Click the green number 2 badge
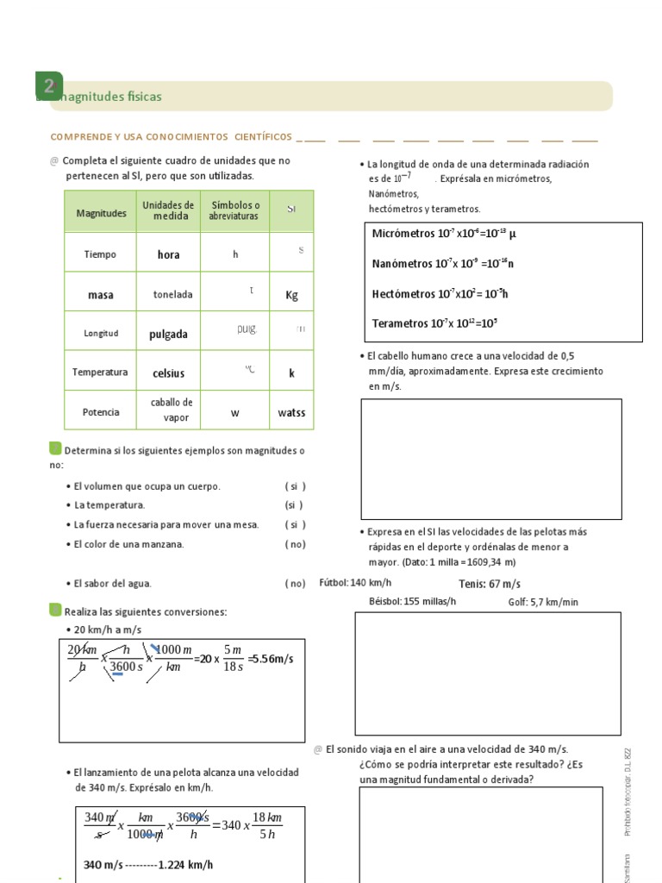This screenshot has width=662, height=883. [49, 85]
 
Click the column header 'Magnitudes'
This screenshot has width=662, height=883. [101, 213]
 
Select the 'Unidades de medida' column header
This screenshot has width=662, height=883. [168, 210]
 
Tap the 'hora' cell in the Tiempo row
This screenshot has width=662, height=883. [168, 254]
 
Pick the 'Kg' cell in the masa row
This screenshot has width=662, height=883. [291, 295]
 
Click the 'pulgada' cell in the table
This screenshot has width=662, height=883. [168, 335]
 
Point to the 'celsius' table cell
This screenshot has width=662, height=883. [168, 373]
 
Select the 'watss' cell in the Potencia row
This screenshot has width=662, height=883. [291, 413]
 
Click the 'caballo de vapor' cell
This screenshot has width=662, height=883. [172, 410]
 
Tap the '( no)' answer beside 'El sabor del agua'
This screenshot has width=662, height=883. [295, 583]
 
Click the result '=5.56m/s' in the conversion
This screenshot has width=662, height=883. [270, 659]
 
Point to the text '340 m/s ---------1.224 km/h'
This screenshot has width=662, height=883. [148, 865]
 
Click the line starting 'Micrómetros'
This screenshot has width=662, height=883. [444, 234]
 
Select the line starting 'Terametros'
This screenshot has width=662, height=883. [434, 323]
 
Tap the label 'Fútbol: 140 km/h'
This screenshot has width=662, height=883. [355, 583]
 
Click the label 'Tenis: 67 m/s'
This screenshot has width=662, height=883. [490, 584]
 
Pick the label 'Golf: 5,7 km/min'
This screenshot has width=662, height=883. [543, 602]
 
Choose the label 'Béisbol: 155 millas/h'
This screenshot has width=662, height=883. [412, 602]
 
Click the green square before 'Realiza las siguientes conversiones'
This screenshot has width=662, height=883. [56, 611]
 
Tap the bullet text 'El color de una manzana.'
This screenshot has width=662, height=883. [129, 544]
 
